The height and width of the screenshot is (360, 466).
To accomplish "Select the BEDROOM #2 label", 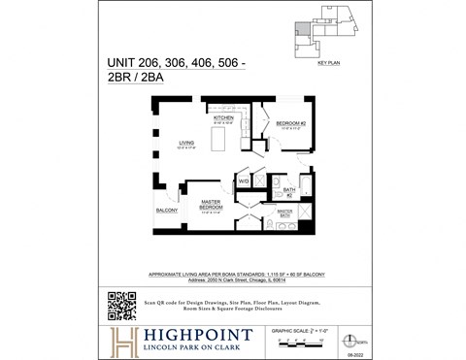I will [x=291, y=124].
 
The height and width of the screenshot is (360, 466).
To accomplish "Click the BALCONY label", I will [x=166, y=210].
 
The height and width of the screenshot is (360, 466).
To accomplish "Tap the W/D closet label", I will [x=244, y=181].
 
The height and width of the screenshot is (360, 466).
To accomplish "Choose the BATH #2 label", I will [x=288, y=191].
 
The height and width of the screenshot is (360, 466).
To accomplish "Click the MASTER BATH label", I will [x=285, y=213].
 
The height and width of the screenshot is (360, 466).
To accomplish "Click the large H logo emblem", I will [x=123, y=341].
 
